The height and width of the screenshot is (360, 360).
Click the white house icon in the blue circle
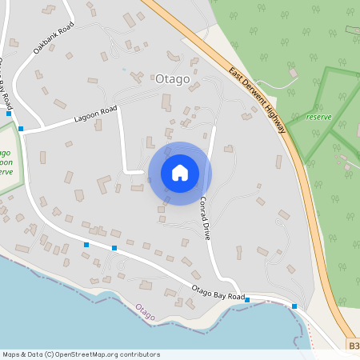coord(180,172)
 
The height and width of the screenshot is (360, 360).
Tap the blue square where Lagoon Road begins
coord(21,128)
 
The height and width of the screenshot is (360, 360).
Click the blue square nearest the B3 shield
coord(294,306)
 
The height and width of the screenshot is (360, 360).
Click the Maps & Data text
coord(22,354)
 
